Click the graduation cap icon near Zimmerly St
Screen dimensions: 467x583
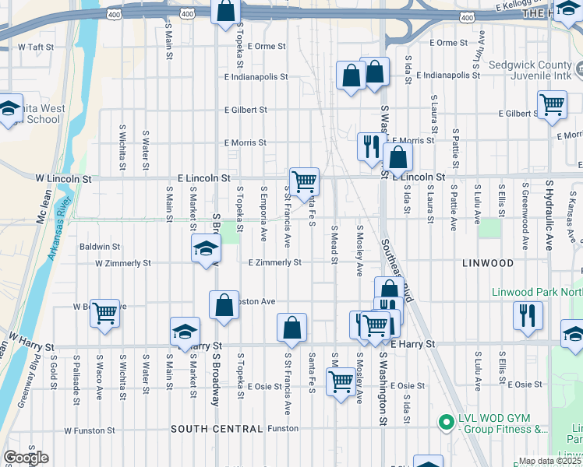[205, 249]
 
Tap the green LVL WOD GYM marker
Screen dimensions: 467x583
[446, 423]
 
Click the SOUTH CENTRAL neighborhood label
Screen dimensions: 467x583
[217, 429]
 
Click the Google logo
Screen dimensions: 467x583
[26, 458]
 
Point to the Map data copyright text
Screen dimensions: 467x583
[549, 461]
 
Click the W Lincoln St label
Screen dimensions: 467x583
[63, 179]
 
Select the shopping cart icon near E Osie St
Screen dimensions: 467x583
[341, 382]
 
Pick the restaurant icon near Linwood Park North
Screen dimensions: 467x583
[528, 315]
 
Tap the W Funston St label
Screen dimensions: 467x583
[90, 430]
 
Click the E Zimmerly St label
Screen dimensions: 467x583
[274, 263]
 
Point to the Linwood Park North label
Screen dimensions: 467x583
[536, 293]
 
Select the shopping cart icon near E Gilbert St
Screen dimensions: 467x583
[552, 104]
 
